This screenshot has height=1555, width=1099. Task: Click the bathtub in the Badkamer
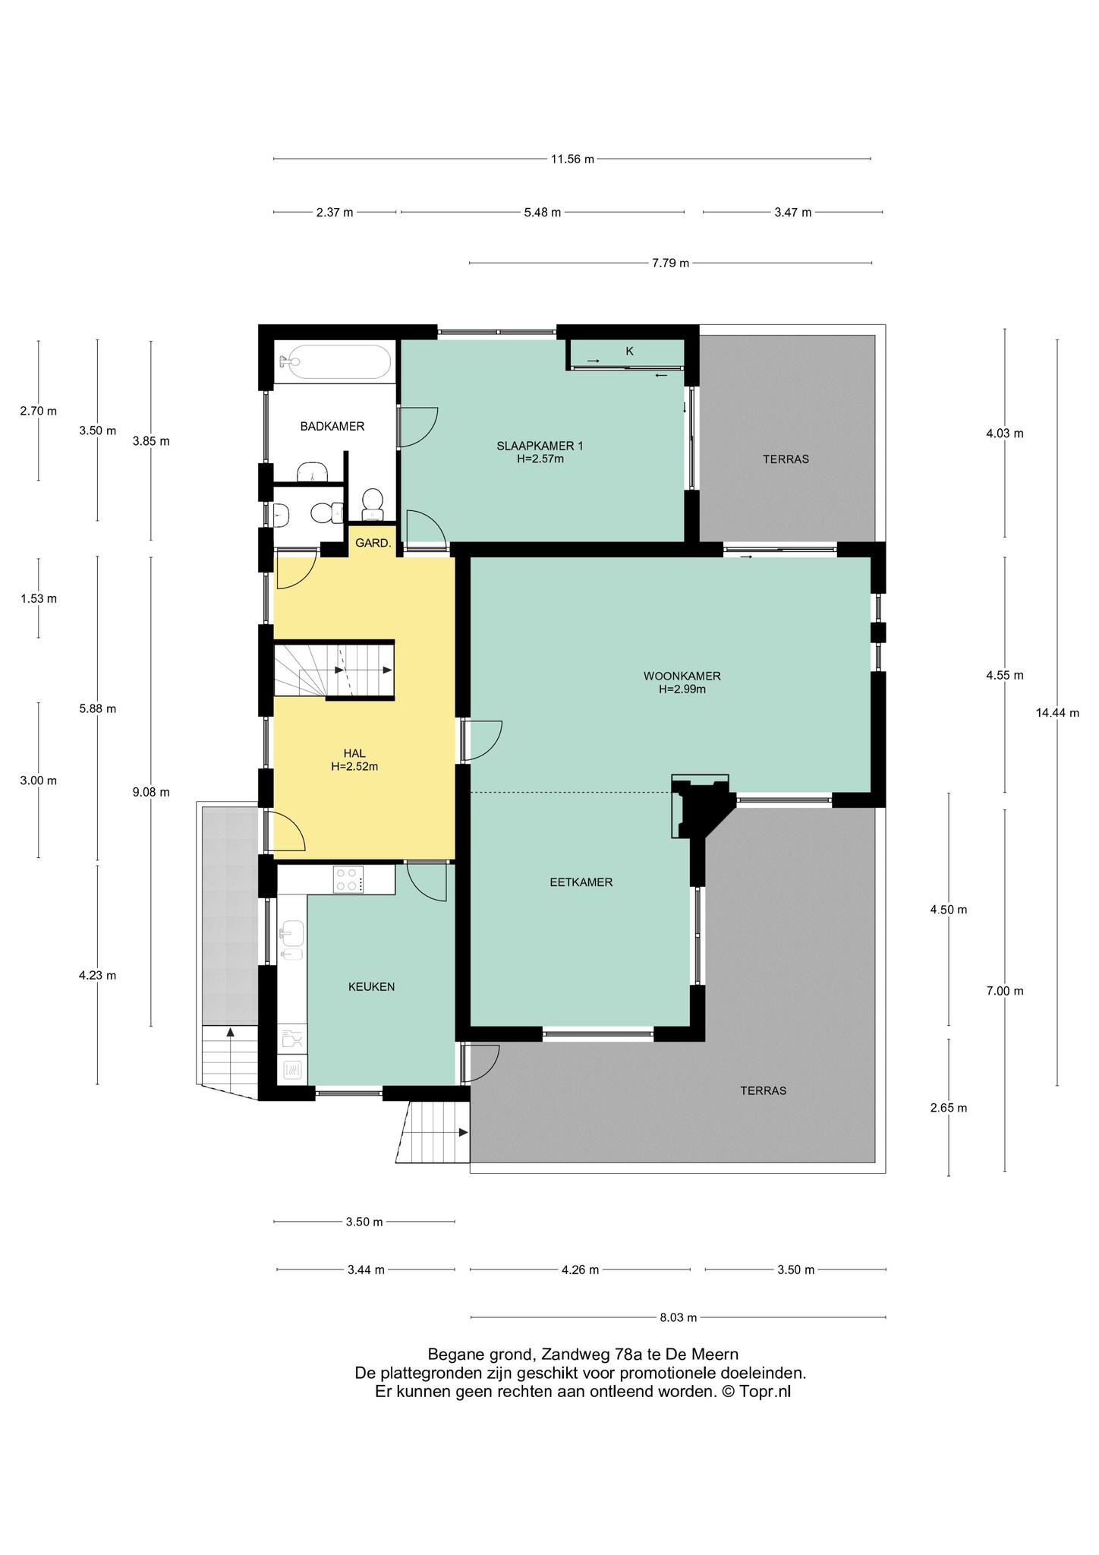tap(335, 362)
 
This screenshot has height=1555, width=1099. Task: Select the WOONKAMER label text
tap(682, 676)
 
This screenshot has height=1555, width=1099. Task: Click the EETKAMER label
tap(581, 882)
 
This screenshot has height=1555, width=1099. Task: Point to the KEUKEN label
tap(371, 987)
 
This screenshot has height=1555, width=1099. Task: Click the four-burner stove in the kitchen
tap(348, 880)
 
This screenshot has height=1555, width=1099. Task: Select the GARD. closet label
tap(373, 544)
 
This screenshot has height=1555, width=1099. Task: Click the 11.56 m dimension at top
tap(572, 159)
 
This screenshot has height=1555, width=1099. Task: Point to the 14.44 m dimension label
tap(1056, 712)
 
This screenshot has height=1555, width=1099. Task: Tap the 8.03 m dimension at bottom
tap(678, 1317)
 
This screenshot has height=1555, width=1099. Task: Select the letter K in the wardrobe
tap(629, 352)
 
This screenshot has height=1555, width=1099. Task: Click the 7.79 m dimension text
tap(670, 263)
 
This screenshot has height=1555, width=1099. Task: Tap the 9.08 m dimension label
tap(150, 792)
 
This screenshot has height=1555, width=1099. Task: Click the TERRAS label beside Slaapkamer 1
tap(786, 459)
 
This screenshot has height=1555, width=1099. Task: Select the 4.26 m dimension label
tap(580, 1270)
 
